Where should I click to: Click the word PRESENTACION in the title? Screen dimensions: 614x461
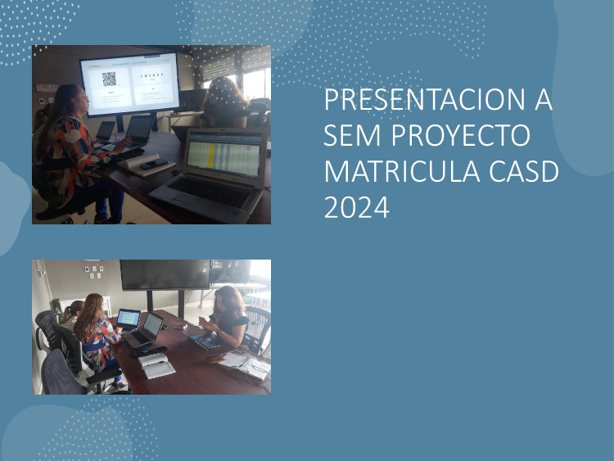click(425, 99)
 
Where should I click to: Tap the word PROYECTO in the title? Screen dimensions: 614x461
click(460, 135)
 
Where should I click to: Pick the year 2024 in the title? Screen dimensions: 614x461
click(357, 207)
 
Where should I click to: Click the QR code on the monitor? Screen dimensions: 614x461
click(109, 79)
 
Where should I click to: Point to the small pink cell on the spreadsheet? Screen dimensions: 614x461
click(247, 148)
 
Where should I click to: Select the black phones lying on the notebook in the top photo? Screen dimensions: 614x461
click(154, 165)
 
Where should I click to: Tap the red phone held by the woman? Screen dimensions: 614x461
click(204, 321)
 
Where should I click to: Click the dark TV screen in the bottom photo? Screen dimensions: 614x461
click(165, 274)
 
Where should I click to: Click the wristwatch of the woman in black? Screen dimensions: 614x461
click(218, 333)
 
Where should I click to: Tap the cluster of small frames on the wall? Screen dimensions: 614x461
click(94, 271)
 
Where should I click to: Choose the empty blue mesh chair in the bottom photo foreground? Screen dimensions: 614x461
click(63, 372)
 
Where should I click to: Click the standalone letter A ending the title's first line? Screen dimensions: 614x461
click(544, 99)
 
